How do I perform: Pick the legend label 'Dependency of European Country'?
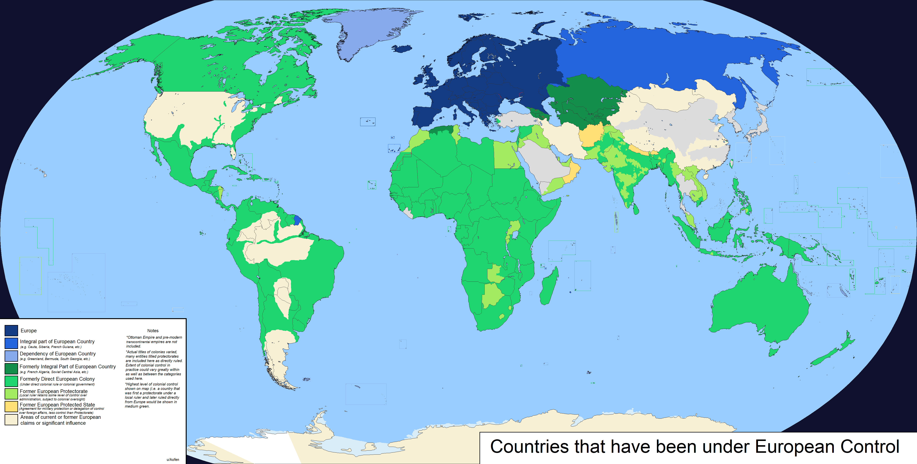coord(58,354)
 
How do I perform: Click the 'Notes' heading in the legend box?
coord(153,331)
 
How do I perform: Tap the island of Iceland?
coord(402,49)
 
